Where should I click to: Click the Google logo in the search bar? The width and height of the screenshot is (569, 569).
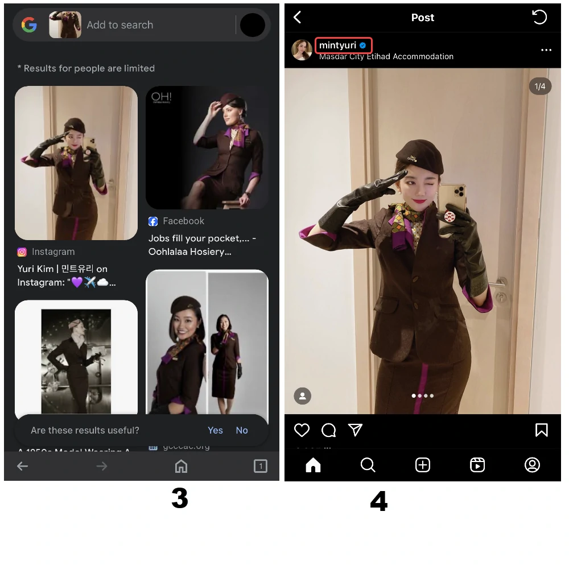click(29, 25)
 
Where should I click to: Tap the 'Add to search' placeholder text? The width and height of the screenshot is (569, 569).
click(120, 25)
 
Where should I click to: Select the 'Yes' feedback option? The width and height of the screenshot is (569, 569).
click(215, 430)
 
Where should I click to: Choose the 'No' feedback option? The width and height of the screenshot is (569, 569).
click(242, 430)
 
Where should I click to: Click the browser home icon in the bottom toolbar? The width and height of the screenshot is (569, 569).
click(181, 467)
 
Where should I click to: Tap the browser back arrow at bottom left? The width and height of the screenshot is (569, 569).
click(23, 467)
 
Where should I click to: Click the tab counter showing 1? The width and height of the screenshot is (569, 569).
click(260, 467)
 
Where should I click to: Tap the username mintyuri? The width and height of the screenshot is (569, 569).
click(337, 46)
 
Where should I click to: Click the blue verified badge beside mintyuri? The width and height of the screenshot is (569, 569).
click(362, 46)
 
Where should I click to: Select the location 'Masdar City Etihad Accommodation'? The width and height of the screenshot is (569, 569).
click(386, 56)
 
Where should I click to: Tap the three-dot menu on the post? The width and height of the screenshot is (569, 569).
click(546, 50)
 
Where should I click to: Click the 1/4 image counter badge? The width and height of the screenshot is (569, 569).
click(540, 86)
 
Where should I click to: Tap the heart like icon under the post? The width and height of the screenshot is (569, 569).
click(302, 430)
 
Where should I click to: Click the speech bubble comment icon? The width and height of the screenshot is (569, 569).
click(328, 430)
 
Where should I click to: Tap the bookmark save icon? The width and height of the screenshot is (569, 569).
click(541, 430)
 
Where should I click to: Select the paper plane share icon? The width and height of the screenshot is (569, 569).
click(356, 430)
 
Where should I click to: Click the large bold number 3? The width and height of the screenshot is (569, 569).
click(180, 498)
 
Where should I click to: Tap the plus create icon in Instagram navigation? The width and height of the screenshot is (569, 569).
click(423, 465)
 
